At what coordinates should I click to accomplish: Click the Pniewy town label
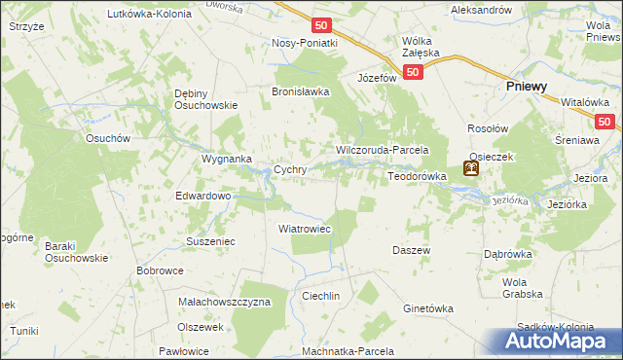click(x=527, y=87)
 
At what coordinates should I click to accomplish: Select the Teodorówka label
click(x=417, y=176)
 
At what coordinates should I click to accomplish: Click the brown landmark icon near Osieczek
click(x=471, y=169)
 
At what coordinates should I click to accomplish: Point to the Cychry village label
click(x=291, y=169)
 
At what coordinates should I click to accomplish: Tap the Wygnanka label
click(x=227, y=158)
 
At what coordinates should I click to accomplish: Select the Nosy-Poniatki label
click(x=305, y=43)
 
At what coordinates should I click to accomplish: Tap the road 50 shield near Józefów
click(x=414, y=72)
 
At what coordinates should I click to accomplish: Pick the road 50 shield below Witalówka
click(x=605, y=122)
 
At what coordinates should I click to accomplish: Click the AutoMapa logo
click(x=562, y=341)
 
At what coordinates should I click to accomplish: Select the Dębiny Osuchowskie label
click(x=205, y=99)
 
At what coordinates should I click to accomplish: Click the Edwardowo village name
click(x=202, y=196)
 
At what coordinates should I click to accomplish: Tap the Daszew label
click(x=411, y=250)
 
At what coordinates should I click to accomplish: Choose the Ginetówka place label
click(x=428, y=308)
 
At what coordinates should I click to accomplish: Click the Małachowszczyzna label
click(x=225, y=302)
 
